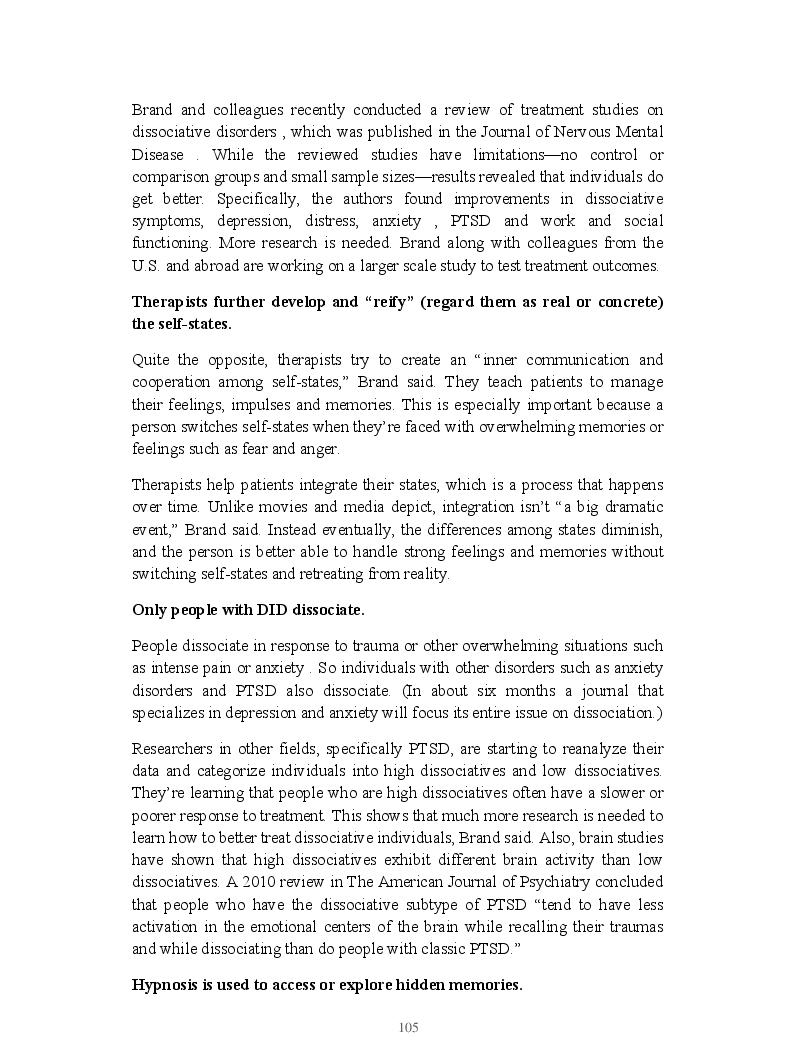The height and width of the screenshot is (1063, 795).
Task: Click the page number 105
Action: (x=408, y=1027)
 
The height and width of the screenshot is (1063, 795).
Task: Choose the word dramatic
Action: (x=630, y=507)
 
